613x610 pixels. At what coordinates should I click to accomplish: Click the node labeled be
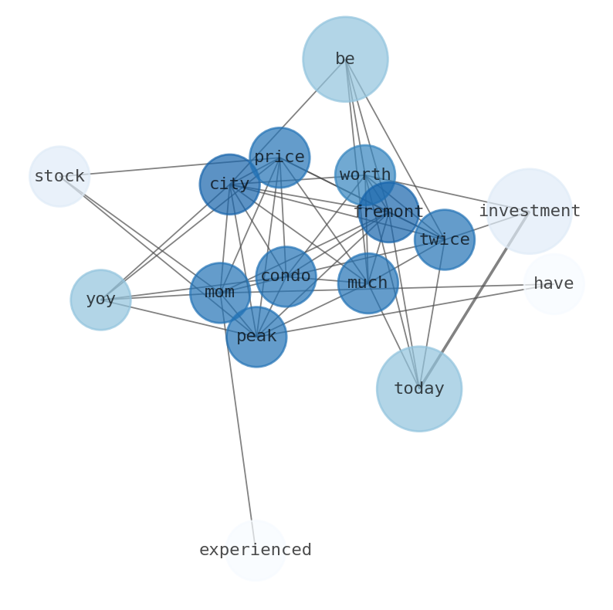click(x=345, y=59)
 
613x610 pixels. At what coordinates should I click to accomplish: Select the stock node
click(x=59, y=177)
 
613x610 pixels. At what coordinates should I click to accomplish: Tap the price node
click(x=279, y=158)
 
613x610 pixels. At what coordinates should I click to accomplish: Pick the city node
click(x=229, y=185)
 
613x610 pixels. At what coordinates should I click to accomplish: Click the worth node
click(x=365, y=175)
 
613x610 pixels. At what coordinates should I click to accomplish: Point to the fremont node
click(x=389, y=212)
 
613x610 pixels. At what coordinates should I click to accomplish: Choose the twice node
click(x=445, y=240)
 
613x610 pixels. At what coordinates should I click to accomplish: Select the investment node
click(x=530, y=212)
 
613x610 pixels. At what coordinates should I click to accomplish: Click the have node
click(x=554, y=284)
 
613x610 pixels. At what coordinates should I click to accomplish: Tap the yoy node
click(x=100, y=300)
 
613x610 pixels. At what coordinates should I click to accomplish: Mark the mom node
click(x=220, y=293)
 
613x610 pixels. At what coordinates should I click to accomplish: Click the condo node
click(x=286, y=276)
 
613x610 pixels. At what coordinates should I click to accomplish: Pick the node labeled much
click(x=367, y=283)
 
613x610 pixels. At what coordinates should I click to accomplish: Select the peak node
click(x=256, y=337)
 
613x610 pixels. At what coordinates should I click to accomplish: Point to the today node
click(x=419, y=389)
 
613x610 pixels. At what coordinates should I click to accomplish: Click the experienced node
click(x=256, y=551)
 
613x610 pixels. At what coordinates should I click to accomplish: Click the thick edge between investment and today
click(x=475, y=300)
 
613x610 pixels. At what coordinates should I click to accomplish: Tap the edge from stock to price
click(x=154, y=168)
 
